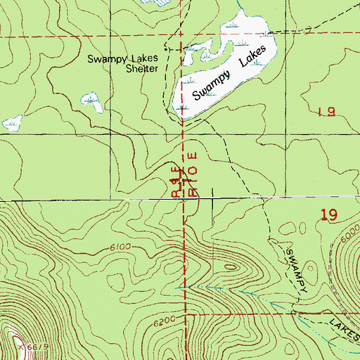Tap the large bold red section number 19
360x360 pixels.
[x=331, y=216]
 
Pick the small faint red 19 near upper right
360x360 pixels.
[x=325, y=111]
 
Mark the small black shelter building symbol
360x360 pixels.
[x=166, y=49]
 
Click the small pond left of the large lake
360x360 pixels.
[x=90, y=100]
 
